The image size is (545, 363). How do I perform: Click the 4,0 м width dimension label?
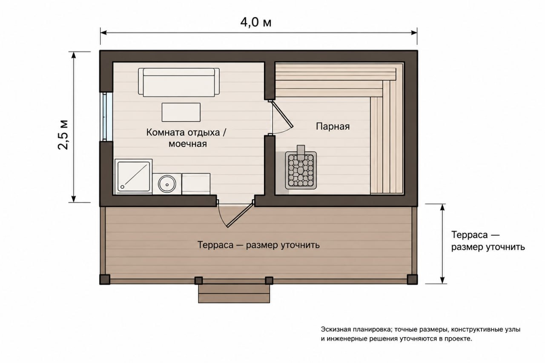(x=256, y=23)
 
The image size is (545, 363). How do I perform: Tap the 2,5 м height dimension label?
(x=63, y=135)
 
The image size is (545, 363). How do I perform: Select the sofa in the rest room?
(x=179, y=82)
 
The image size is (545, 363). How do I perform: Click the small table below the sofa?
(x=181, y=112)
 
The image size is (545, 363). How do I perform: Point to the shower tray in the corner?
(x=134, y=177)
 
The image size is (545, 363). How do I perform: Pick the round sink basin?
(x=167, y=184)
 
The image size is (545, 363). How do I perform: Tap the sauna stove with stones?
(x=301, y=170)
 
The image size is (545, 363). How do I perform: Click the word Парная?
(x=333, y=126)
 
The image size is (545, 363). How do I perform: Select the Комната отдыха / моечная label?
(x=186, y=138)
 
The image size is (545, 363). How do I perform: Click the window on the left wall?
(x=106, y=117)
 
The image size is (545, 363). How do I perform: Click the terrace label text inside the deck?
(x=258, y=245)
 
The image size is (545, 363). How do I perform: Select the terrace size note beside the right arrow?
(x=488, y=241)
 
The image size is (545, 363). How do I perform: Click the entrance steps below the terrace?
(x=234, y=294)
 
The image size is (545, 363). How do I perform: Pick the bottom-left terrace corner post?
(x=105, y=280)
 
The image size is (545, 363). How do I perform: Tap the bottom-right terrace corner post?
(x=413, y=279)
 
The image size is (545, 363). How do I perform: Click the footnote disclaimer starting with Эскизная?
(x=420, y=334)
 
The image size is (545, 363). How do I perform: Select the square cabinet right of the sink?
(x=196, y=184)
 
